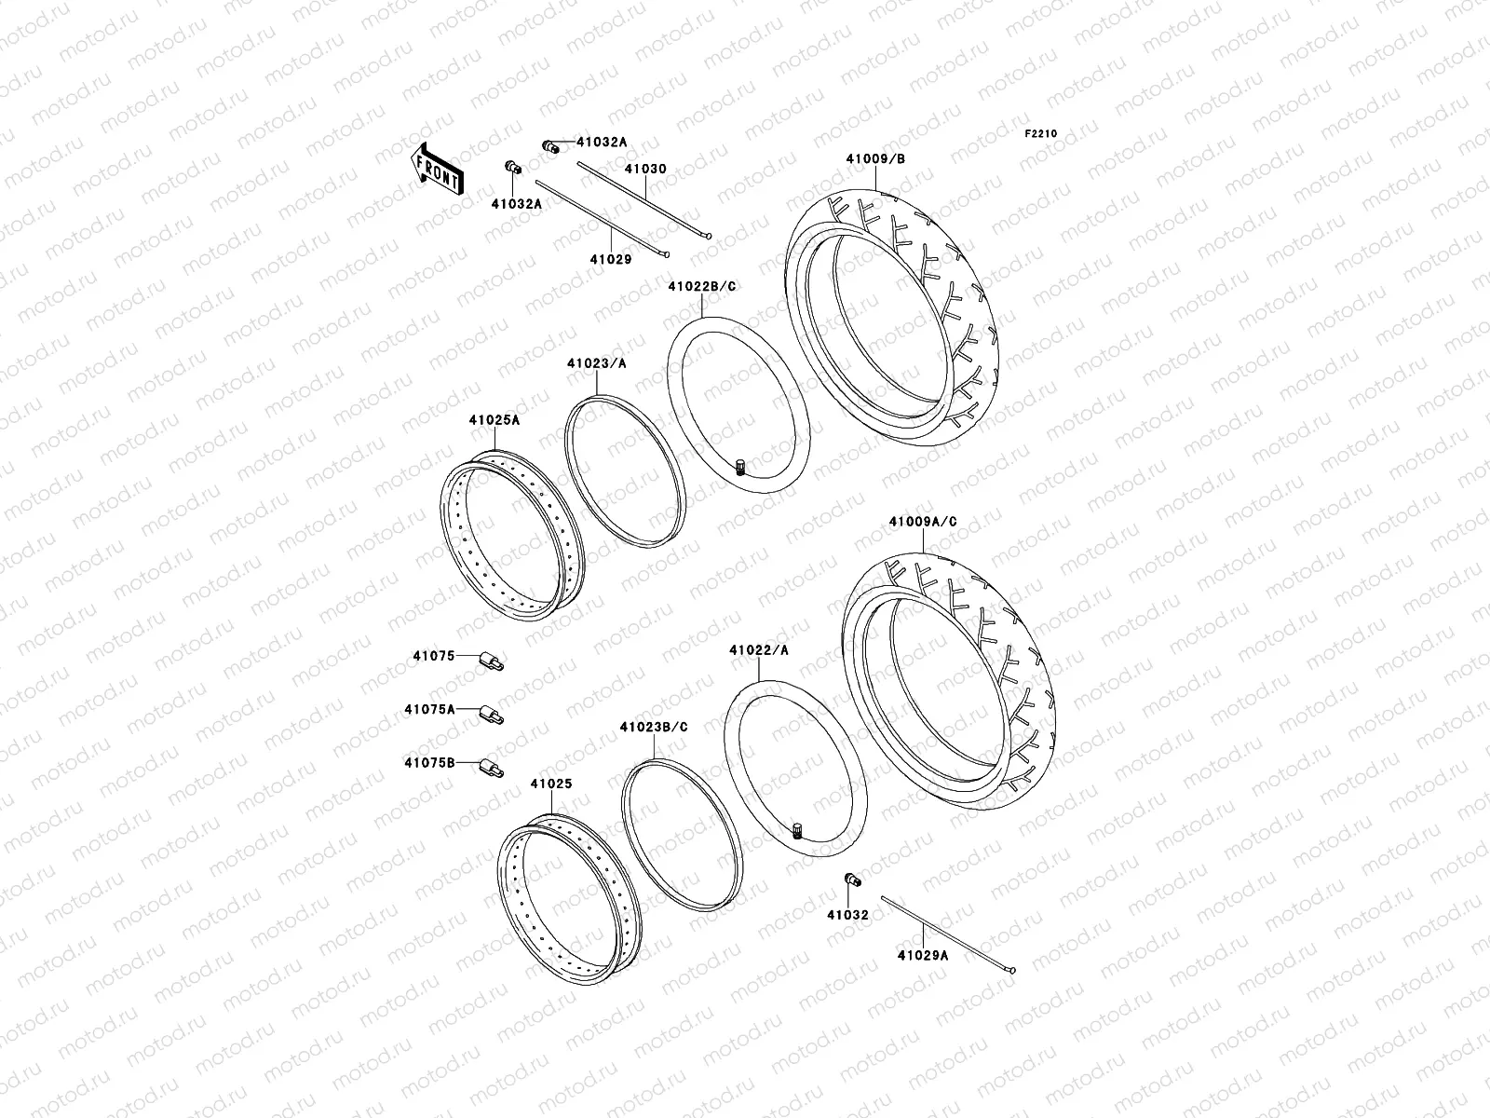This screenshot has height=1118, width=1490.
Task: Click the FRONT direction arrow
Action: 437,169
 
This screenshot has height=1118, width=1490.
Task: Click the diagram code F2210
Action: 1041,134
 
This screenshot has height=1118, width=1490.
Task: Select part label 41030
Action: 645,170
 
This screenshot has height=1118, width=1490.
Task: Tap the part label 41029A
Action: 923,955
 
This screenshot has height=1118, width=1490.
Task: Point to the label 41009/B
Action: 875,159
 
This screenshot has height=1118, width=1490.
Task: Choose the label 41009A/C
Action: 922,522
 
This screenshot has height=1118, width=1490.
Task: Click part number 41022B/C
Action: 701,286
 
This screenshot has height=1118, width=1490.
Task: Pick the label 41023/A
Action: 596,363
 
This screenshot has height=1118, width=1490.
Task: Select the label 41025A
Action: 494,420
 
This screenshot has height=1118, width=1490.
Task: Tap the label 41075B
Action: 429,763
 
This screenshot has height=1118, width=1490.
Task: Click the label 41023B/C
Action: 654,727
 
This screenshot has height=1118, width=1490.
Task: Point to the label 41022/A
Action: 758,650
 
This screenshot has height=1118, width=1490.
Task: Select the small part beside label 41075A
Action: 492,715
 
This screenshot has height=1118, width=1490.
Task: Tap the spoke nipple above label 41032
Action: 851,879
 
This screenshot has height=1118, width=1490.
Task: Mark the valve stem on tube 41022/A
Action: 797,830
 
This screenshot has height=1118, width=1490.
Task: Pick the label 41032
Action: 847,916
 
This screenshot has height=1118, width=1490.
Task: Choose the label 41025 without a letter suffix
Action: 551,784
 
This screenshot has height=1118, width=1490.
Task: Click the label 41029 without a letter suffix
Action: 609,260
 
